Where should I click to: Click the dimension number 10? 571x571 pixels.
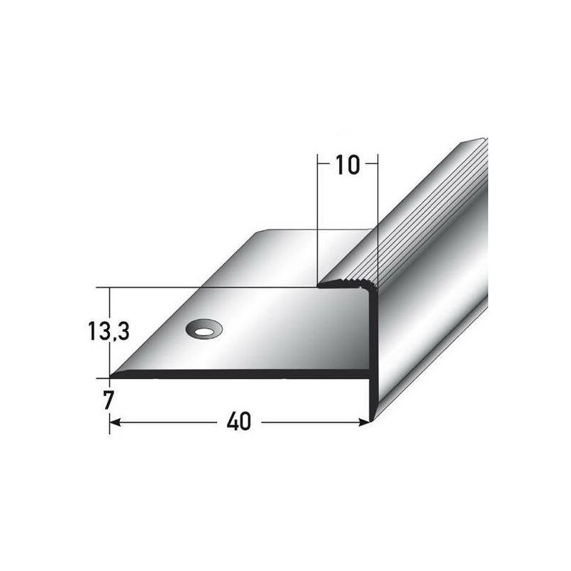(x=346, y=166)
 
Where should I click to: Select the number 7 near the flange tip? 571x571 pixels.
(x=108, y=400)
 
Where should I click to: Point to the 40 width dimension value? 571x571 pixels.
(x=241, y=423)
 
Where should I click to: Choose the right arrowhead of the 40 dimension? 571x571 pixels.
(x=366, y=423)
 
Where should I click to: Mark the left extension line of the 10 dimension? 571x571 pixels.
(x=316, y=214)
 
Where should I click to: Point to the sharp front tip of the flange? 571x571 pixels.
(x=112, y=376)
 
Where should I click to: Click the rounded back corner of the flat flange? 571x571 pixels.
(x=261, y=232)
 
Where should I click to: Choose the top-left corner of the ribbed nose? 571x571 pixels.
(x=320, y=285)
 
